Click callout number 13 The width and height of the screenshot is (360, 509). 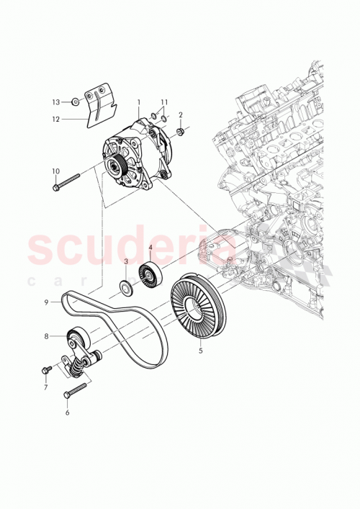click(x=56, y=102)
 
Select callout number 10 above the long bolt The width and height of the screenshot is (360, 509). click(x=55, y=171)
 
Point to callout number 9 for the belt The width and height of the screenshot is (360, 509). click(x=46, y=302)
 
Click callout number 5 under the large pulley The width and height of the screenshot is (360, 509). click(x=200, y=351)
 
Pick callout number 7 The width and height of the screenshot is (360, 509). click(x=46, y=387)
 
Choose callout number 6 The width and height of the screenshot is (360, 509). click(x=67, y=413)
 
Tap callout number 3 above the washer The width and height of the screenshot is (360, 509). click(x=125, y=261)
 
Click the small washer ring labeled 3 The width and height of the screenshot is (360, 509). click(x=125, y=289)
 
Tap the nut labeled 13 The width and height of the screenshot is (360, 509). click(x=75, y=102)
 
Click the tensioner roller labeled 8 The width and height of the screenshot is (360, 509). click(x=76, y=336)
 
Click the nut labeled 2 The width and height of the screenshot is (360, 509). click(x=181, y=132)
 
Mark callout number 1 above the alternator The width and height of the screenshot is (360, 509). click(x=138, y=102)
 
